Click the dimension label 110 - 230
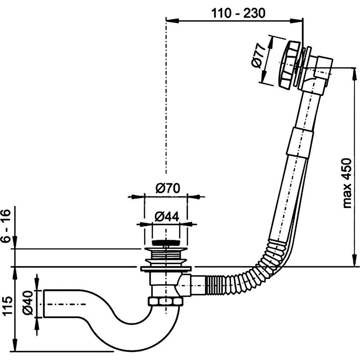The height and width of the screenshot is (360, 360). (238, 13)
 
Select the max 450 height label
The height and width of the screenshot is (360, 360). (347, 183)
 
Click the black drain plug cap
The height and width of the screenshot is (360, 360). (165, 243)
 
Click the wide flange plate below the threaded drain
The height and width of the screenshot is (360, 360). (165, 269)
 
